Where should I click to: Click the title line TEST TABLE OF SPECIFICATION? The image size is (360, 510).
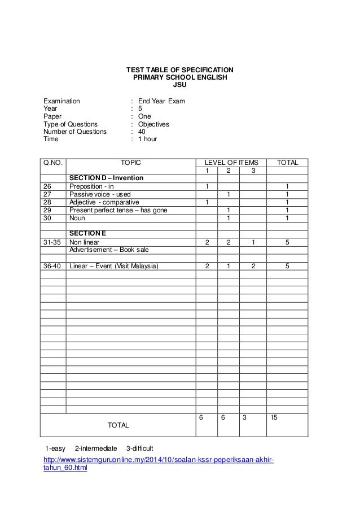pyautogui.click(x=179, y=70)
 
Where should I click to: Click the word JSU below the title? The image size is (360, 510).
pyautogui.click(x=179, y=86)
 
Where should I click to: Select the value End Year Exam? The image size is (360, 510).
pyautogui.click(x=161, y=102)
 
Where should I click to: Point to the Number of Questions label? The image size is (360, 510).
pyautogui.click(x=74, y=131)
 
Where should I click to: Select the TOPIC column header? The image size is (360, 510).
pyautogui.click(x=131, y=163)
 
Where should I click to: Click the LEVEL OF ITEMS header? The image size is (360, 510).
pyautogui.click(x=231, y=163)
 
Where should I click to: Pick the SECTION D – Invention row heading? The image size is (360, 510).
pyautogui.click(x=106, y=178)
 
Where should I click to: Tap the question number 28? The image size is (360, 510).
pyautogui.click(x=47, y=202)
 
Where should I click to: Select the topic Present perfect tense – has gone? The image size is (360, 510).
pyautogui.click(x=118, y=210)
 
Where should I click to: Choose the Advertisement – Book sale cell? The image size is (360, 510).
pyautogui.click(x=109, y=249)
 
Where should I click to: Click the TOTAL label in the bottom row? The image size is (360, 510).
pyautogui.click(x=118, y=424)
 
